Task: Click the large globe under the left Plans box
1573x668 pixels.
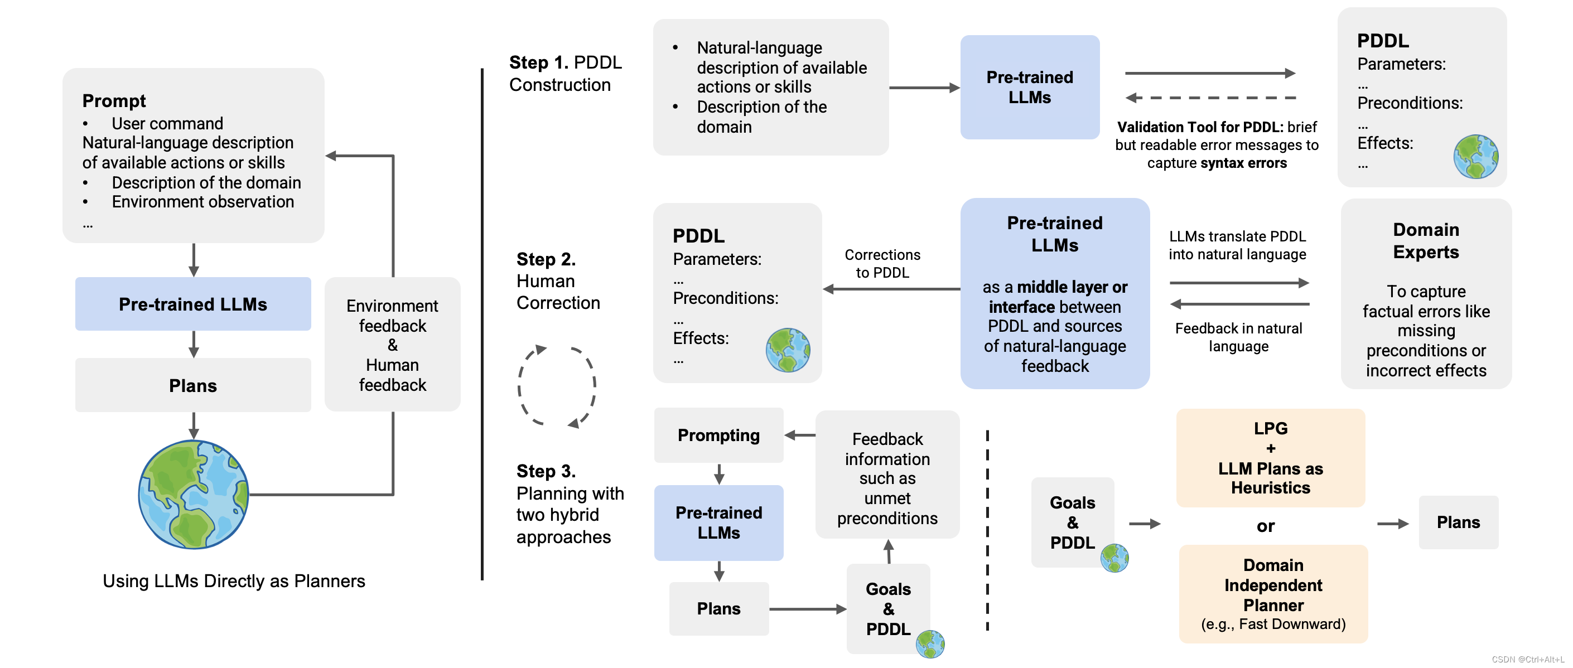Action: point(193,495)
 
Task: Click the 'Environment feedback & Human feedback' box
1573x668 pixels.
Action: point(392,345)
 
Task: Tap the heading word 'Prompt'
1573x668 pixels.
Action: point(114,101)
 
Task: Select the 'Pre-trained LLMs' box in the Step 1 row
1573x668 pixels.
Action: point(1030,88)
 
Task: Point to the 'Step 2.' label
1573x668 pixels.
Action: point(546,259)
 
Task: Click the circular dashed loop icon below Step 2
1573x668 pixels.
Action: point(557,386)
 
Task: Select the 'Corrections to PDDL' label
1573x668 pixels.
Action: point(882,264)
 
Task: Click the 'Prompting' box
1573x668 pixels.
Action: point(718,435)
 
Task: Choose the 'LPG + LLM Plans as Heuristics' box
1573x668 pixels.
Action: point(1270,458)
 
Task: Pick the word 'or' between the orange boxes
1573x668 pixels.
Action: point(1265,526)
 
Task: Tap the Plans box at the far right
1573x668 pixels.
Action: point(1458,522)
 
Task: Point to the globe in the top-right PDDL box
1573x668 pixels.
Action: point(1475,157)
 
